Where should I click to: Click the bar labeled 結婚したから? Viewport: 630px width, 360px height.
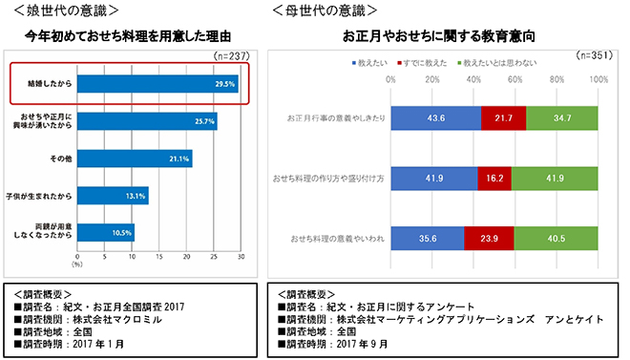pos(157,84)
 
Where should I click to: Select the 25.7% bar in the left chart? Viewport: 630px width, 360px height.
pos(147,121)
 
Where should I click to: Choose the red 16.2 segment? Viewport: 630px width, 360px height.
pos(495,178)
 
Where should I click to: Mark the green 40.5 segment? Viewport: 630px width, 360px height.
pos(556,238)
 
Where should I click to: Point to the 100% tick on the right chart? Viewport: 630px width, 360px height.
pos(599,79)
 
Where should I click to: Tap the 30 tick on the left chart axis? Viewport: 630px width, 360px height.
pos(241,257)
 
